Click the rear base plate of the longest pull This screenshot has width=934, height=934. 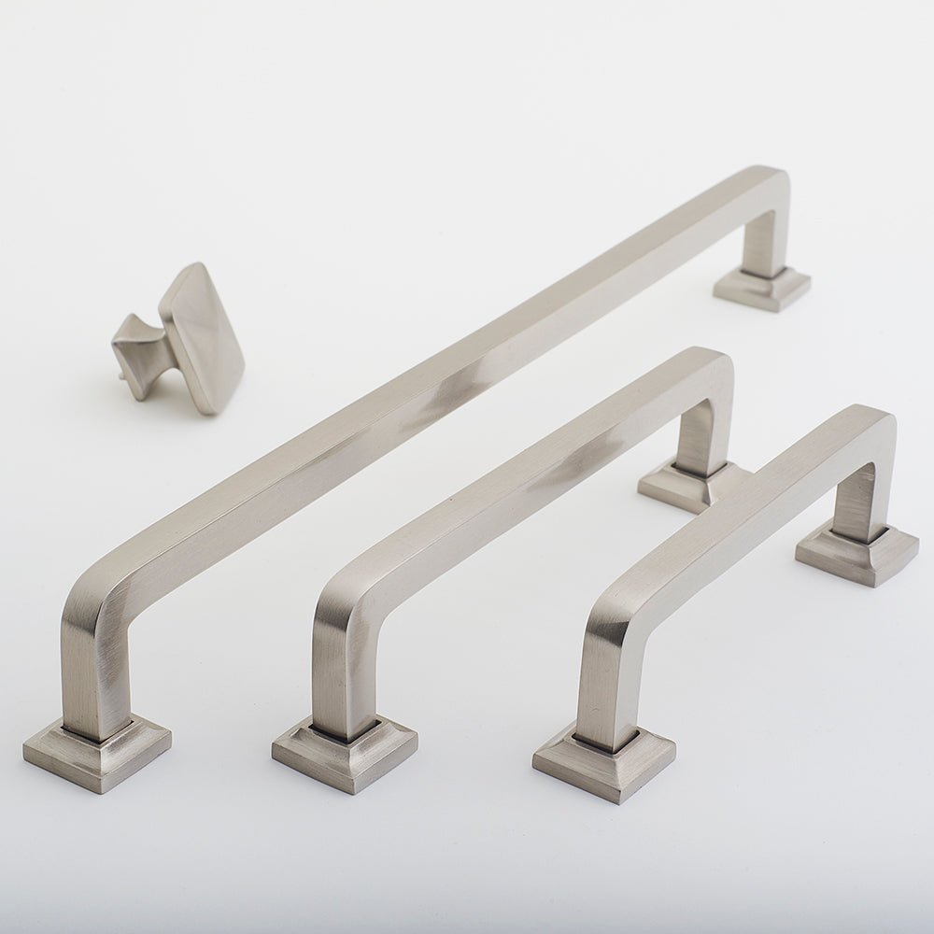(x=762, y=287)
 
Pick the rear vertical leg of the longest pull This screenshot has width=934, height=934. (x=761, y=238)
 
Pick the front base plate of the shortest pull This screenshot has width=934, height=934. (x=603, y=761)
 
